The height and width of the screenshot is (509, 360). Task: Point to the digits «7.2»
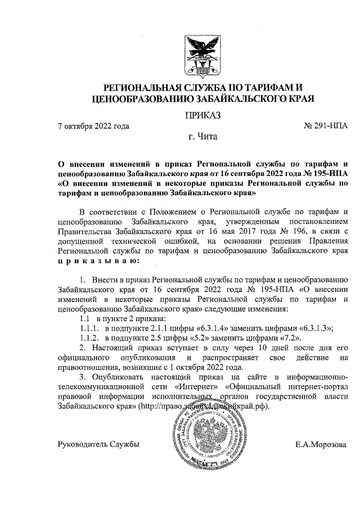coord(288,338)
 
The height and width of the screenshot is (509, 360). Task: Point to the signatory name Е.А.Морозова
coord(321,445)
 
